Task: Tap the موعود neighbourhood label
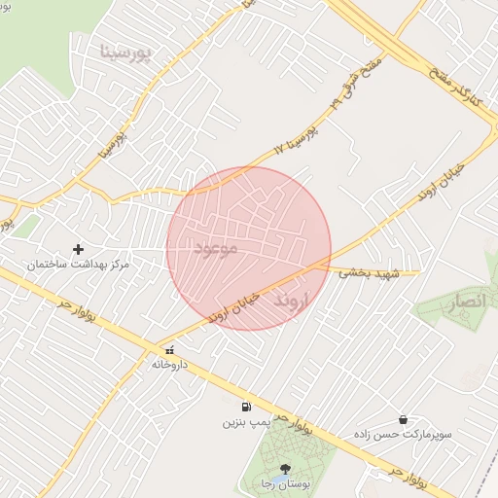[x=216, y=249]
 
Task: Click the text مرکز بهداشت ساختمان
[x=78, y=265]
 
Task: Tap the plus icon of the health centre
[x=79, y=250]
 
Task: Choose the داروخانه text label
[x=169, y=365]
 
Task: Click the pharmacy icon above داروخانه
[x=169, y=350]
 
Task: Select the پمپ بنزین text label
[x=244, y=423]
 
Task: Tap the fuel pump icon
[x=245, y=407]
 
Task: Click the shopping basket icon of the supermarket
[x=403, y=419]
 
